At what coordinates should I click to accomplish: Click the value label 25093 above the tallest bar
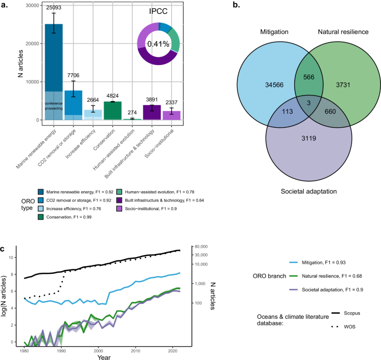(53, 8)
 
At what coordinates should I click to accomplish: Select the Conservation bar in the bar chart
(97, 111)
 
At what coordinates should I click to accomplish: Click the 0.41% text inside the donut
(158, 44)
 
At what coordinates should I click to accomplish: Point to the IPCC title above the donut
(158, 11)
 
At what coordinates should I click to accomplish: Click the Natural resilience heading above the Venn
(344, 32)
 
